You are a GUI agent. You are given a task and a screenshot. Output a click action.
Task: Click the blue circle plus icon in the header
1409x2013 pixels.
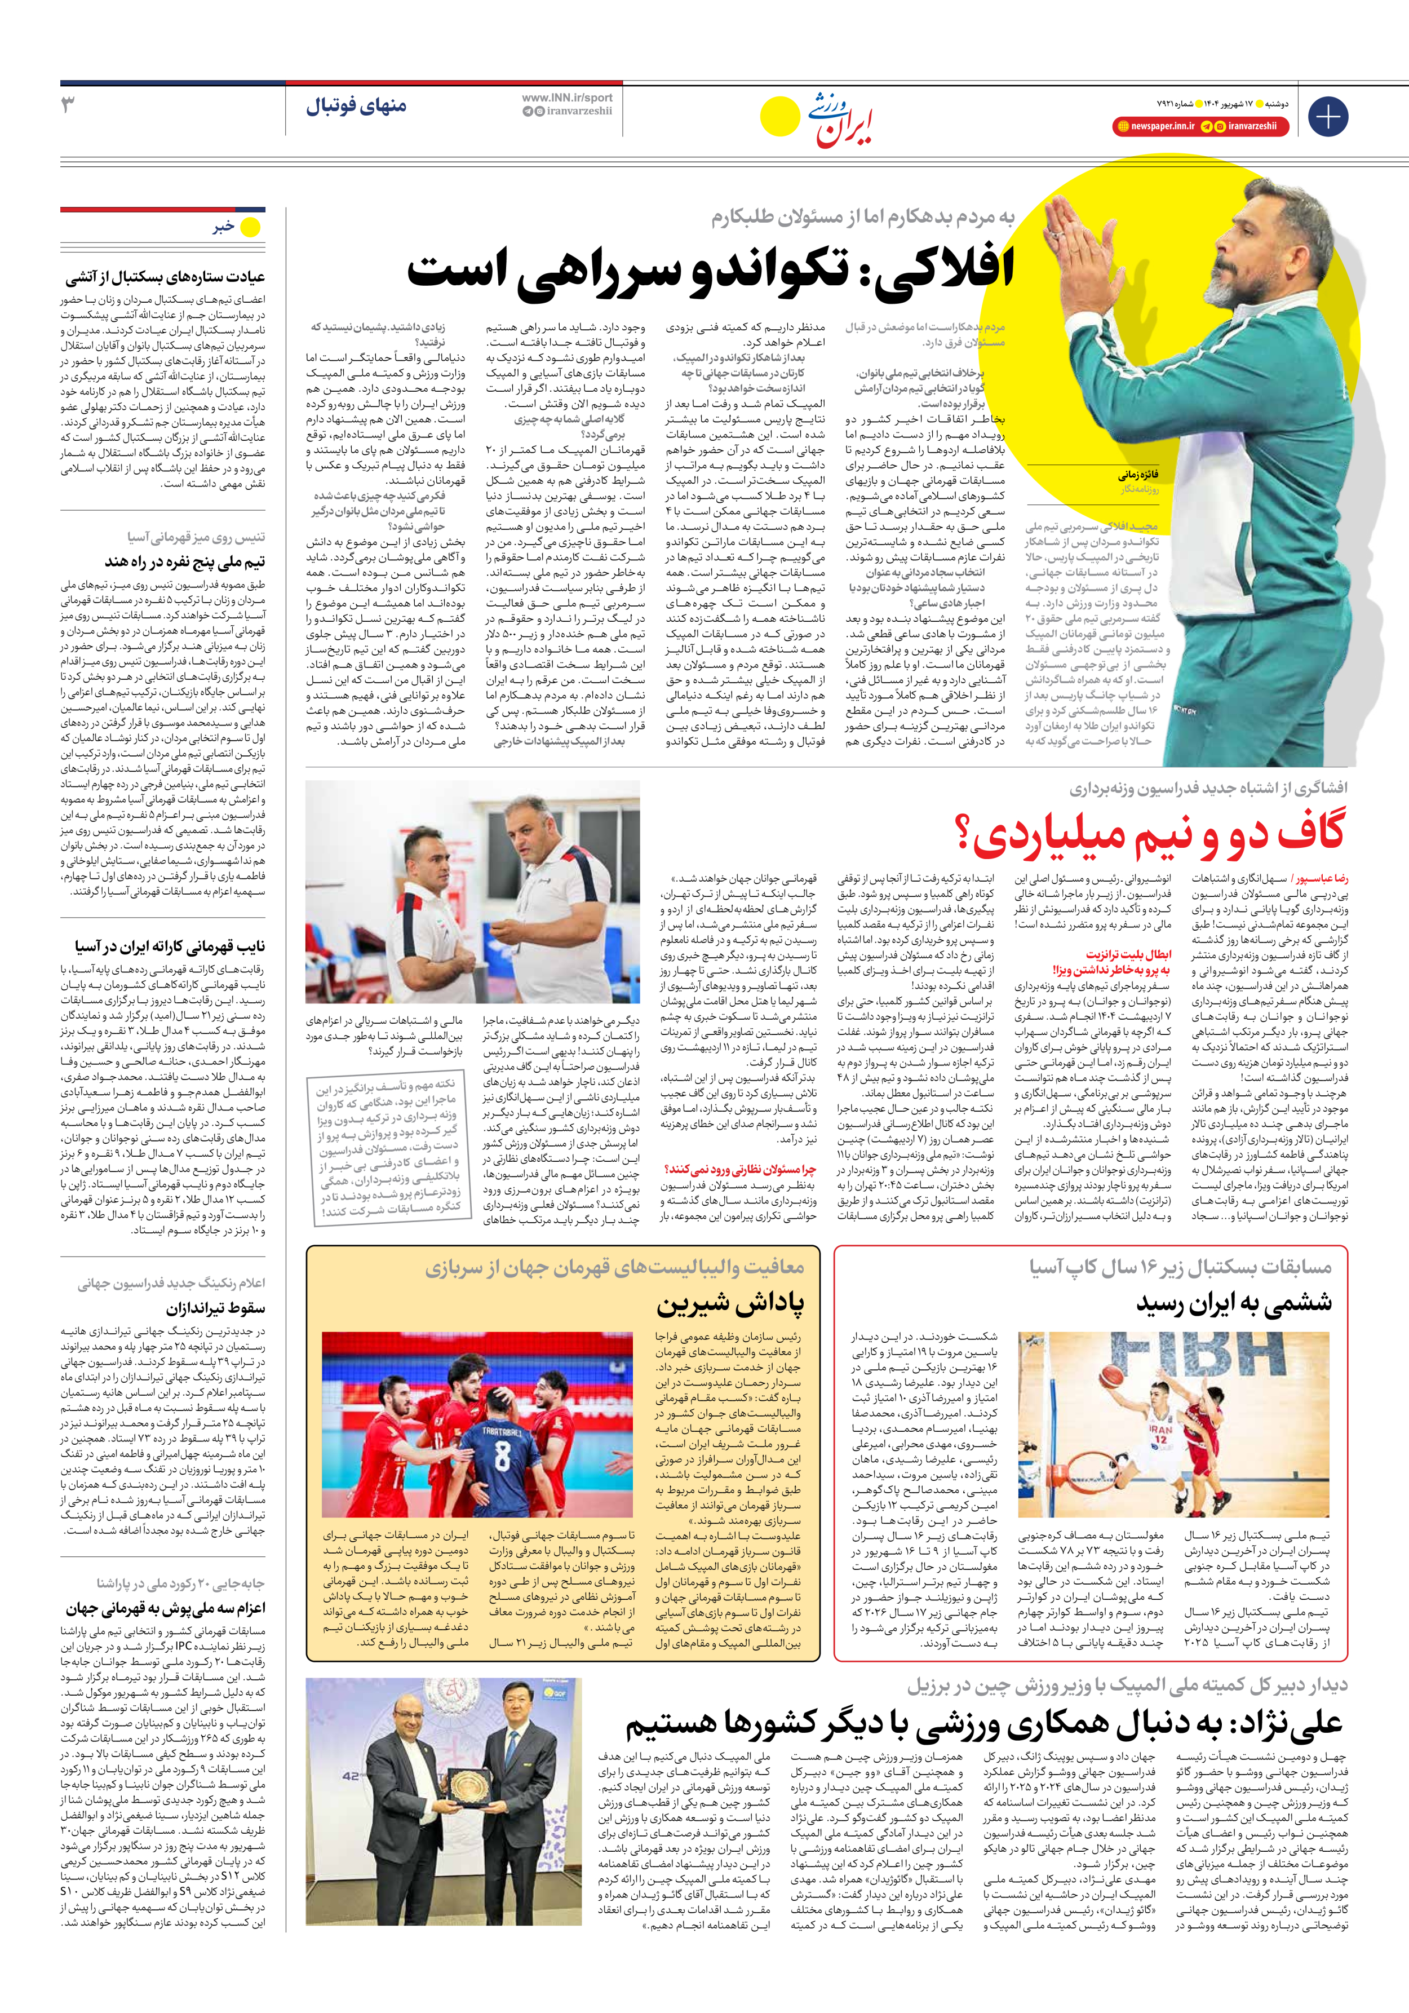point(1327,117)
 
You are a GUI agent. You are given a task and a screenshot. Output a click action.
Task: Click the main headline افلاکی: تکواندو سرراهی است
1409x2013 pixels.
point(710,269)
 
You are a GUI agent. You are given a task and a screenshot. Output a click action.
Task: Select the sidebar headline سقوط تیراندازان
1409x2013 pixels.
point(216,1308)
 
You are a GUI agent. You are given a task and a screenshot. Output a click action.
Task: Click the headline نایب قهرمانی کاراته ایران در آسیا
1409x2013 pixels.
point(169,946)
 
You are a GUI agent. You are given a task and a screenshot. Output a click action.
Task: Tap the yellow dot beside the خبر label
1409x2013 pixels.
point(251,228)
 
